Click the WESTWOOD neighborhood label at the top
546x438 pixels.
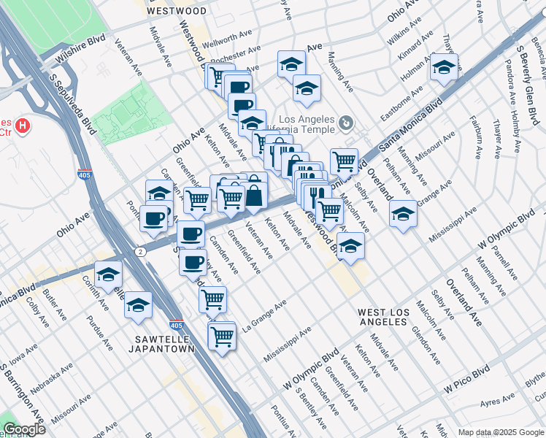coord(177,11)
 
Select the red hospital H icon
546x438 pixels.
coord(23,126)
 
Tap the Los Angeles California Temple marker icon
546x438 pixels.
coord(347,121)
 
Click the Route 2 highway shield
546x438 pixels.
coord(141,251)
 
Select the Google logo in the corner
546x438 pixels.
coord(23,429)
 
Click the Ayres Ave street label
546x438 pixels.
coord(499,402)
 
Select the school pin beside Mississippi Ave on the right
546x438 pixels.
coord(402,214)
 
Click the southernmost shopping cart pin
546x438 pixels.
coord(221,336)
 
